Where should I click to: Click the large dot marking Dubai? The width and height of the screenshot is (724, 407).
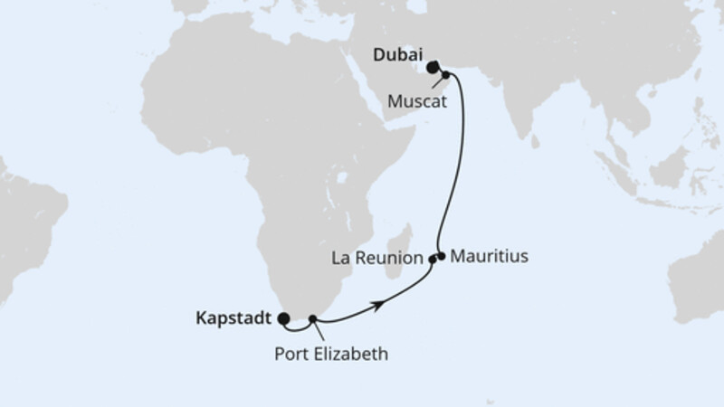433,65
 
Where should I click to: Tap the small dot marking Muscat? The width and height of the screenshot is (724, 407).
446,75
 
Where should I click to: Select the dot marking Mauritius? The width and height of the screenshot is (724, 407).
442,255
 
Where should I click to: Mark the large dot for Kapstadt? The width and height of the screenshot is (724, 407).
284,318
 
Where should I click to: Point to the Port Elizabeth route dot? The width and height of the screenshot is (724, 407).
313,318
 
